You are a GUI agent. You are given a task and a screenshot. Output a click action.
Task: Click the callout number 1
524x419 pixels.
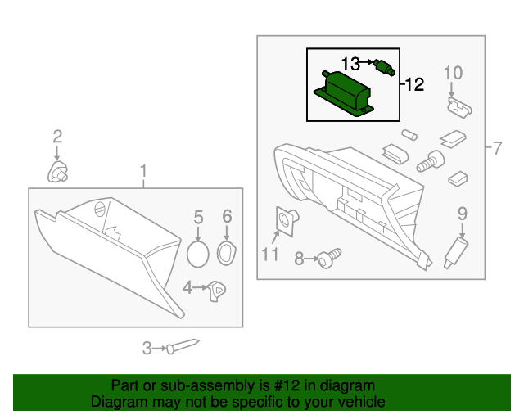pyautogui.click(x=143, y=172)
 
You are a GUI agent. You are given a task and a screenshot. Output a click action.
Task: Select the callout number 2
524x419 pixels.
pyautogui.click(x=57, y=136)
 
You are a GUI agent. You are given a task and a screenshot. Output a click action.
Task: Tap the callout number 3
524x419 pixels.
pyautogui.click(x=147, y=348)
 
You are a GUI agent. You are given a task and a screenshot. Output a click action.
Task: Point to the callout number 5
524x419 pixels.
pyautogui.click(x=198, y=217)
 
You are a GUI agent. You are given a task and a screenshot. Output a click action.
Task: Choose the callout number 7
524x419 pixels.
pyautogui.click(x=498, y=148)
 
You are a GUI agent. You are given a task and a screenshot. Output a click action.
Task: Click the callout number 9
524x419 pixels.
pyautogui.click(x=462, y=214)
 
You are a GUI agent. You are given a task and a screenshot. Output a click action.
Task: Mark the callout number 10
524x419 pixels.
pyautogui.click(x=454, y=73)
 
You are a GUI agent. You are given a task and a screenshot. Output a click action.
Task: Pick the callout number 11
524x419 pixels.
pyautogui.click(x=270, y=255)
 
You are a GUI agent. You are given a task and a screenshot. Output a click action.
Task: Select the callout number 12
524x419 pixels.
pyautogui.click(x=415, y=84)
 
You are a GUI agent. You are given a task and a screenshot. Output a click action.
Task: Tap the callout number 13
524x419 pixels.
pyautogui.click(x=350, y=63)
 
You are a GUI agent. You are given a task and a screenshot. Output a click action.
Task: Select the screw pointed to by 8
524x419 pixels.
pyautogui.click(x=328, y=259)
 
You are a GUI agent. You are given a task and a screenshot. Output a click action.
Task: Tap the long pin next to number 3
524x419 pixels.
pyautogui.click(x=184, y=346)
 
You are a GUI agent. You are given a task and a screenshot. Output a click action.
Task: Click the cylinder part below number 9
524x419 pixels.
pyautogui.click(x=453, y=250)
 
